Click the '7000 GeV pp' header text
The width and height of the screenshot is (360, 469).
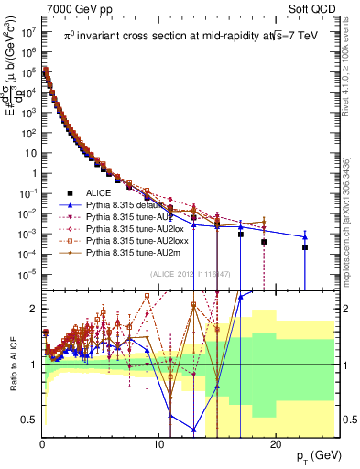[76, 8]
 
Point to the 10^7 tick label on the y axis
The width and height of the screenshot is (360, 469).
[27, 30]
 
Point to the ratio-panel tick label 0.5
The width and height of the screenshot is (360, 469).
[27, 420]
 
